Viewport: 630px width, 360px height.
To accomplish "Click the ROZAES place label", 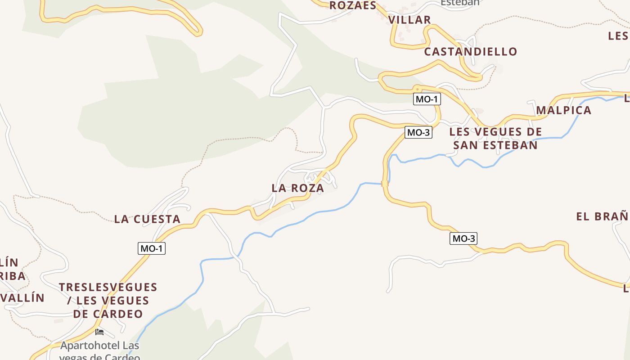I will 353,5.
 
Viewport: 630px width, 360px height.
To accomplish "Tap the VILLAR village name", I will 409,20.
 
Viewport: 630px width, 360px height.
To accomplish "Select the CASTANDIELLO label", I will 471,52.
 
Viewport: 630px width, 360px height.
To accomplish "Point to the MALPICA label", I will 563,110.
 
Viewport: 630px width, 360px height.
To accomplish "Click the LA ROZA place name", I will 298,188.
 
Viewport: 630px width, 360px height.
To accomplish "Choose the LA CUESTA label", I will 147,219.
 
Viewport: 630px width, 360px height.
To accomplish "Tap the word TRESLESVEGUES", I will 108,287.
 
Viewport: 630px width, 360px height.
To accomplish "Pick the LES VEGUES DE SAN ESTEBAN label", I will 495,138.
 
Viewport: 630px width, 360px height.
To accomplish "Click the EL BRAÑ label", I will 602,216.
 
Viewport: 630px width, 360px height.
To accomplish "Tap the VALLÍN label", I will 22,297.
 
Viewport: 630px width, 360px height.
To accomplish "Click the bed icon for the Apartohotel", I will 99,332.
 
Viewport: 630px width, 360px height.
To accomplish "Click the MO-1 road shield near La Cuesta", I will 152,248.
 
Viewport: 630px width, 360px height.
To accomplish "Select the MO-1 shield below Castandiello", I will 426,99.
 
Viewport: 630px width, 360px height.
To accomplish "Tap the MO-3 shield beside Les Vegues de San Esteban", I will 418,132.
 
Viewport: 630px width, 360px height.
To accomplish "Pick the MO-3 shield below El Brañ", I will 463,238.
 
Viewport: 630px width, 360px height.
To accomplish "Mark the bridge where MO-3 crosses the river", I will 385,184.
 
